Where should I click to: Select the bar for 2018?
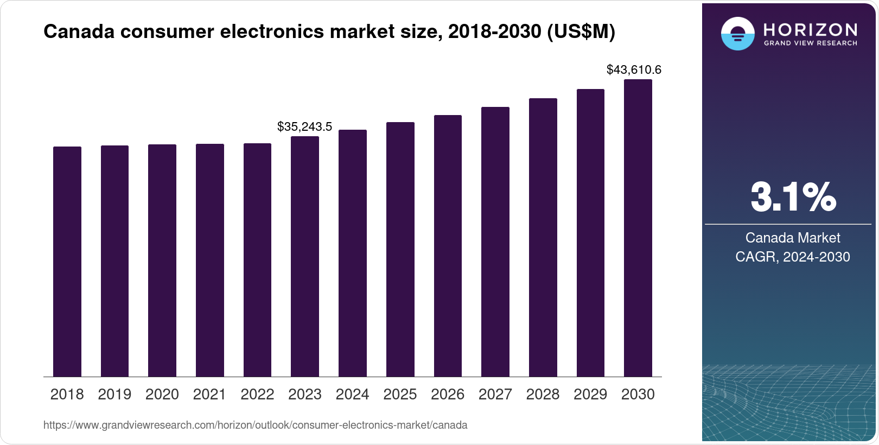click(67, 262)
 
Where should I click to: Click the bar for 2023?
click(305, 256)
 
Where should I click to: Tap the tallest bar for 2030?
click(638, 228)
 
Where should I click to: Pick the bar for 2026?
click(448, 246)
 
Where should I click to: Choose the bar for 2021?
click(209, 260)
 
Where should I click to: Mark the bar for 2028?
click(543, 237)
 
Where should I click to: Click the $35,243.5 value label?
click(304, 126)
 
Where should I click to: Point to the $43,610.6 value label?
click(634, 69)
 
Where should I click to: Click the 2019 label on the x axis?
click(114, 395)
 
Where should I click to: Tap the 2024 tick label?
click(352, 395)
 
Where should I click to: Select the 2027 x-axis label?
click(495, 395)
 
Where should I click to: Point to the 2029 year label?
click(590, 395)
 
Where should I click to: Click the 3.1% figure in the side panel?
click(793, 197)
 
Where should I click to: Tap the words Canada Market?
click(792, 238)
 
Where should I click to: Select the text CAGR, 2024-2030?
click(792, 257)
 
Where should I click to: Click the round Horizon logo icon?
click(737, 34)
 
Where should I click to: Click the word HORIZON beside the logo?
click(810, 29)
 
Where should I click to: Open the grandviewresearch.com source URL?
click(255, 425)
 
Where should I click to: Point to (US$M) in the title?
click(581, 31)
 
